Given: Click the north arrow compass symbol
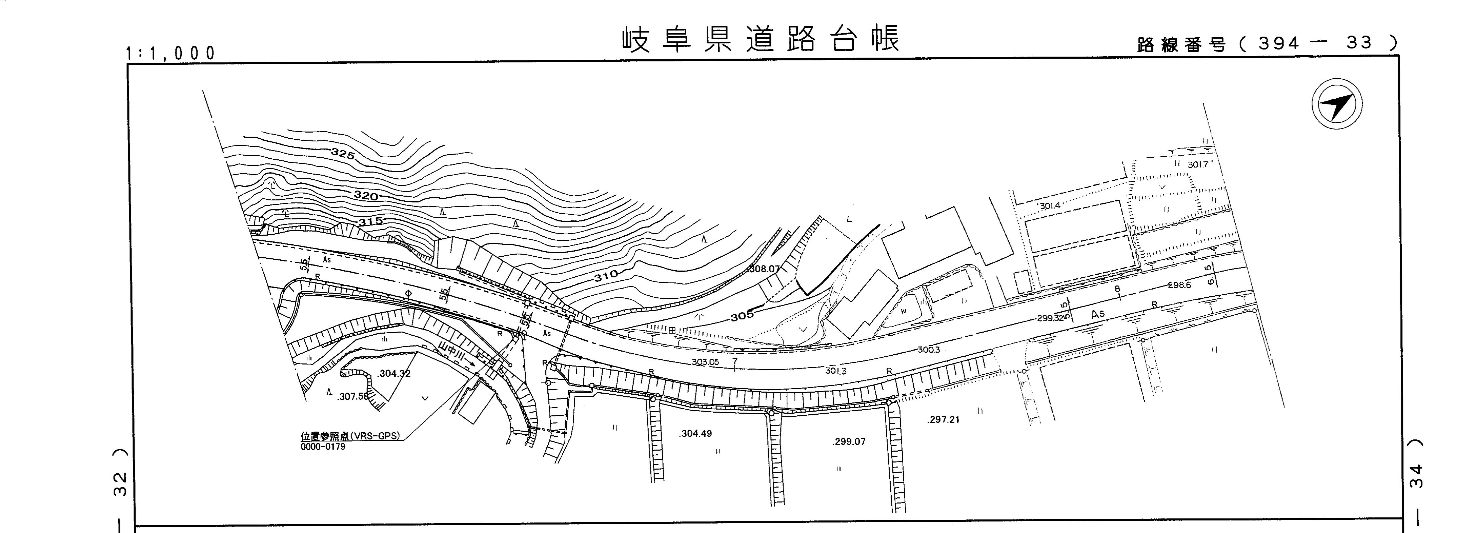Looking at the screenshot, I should [1337, 105].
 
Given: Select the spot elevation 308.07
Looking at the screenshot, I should [764, 269].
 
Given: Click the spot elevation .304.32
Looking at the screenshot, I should [394, 373].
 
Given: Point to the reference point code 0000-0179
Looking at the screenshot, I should [323, 447].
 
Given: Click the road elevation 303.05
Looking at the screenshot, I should [705, 362].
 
